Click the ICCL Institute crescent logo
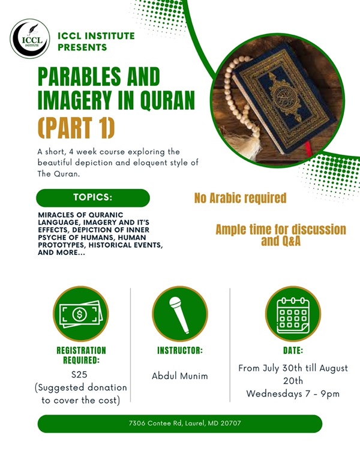click(x=30, y=38)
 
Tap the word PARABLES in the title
click(x=79, y=77)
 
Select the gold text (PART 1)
click(x=76, y=128)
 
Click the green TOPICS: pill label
click(x=93, y=198)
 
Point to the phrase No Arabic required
click(x=240, y=199)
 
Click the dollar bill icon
click(x=80, y=314)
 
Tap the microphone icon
click(x=180, y=314)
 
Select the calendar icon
click(x=293, y=315)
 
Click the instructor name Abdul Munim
click(x=180, y=376)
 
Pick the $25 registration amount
click(x=79, y=374)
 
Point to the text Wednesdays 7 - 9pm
click(x=293, y=394)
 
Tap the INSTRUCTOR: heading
click(x=180, y=351)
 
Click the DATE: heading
click(x=293, y=351)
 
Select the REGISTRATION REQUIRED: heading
click(x=81, y=356)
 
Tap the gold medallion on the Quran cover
click(x=285, y=98)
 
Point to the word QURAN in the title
click(x=167, y=100)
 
